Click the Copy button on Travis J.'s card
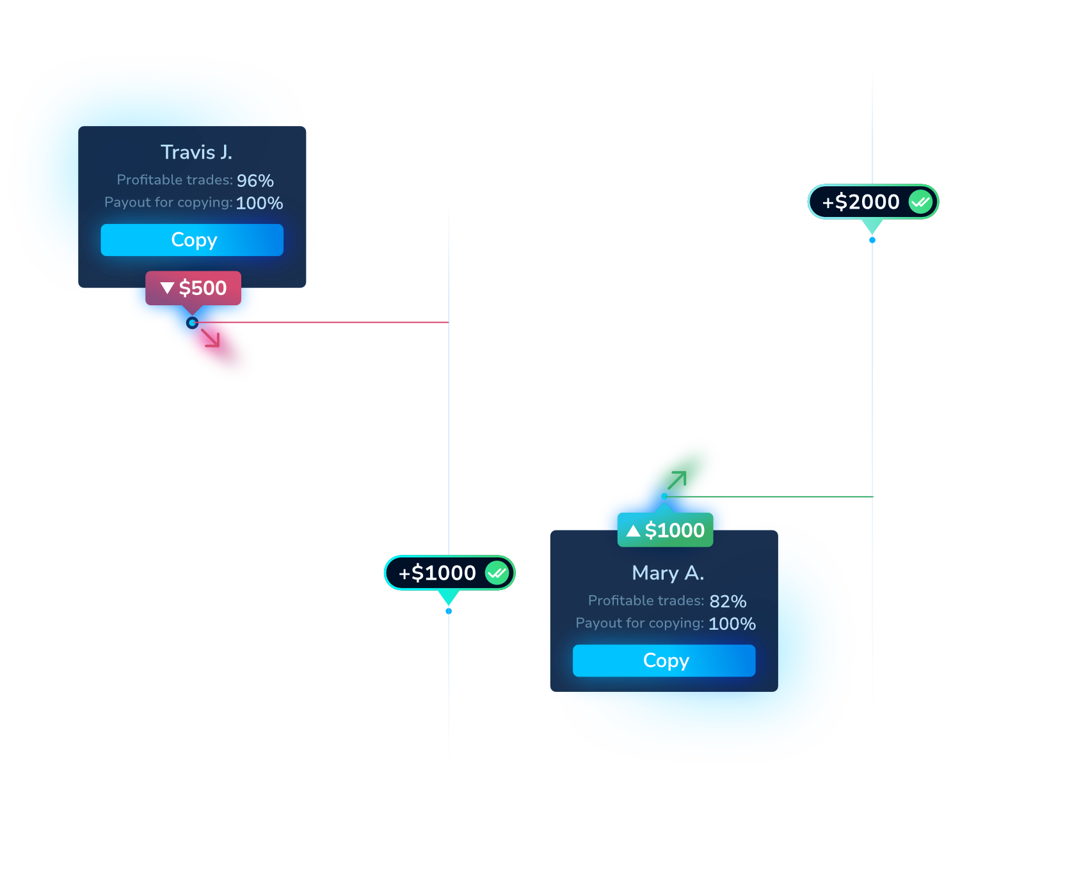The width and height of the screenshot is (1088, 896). point(192,240)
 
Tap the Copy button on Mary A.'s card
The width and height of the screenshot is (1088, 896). point(664,660)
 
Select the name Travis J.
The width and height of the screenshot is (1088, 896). point(196,152)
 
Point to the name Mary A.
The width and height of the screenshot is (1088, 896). point(668,573)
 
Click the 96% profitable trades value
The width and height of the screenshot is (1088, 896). point(255,180)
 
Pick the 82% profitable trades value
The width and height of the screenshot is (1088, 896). point(728,602)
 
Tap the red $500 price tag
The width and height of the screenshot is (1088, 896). point(193,288)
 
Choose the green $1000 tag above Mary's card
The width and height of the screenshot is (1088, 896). point(665,530)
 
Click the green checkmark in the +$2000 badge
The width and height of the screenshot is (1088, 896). point(920,202)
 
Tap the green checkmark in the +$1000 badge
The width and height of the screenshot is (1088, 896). point(497,573)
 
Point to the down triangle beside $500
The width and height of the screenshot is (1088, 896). point(168,288)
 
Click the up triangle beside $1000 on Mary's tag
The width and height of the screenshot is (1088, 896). point(633,531)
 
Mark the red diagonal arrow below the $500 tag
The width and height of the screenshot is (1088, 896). point(211,337)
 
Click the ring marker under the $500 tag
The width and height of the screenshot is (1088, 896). point(192,323)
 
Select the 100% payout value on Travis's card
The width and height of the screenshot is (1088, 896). point(259,203)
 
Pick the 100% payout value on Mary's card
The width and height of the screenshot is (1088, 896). point(732,624)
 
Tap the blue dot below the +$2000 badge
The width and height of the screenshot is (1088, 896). point(872,240)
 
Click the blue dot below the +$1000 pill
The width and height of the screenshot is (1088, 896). point(449,611)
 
